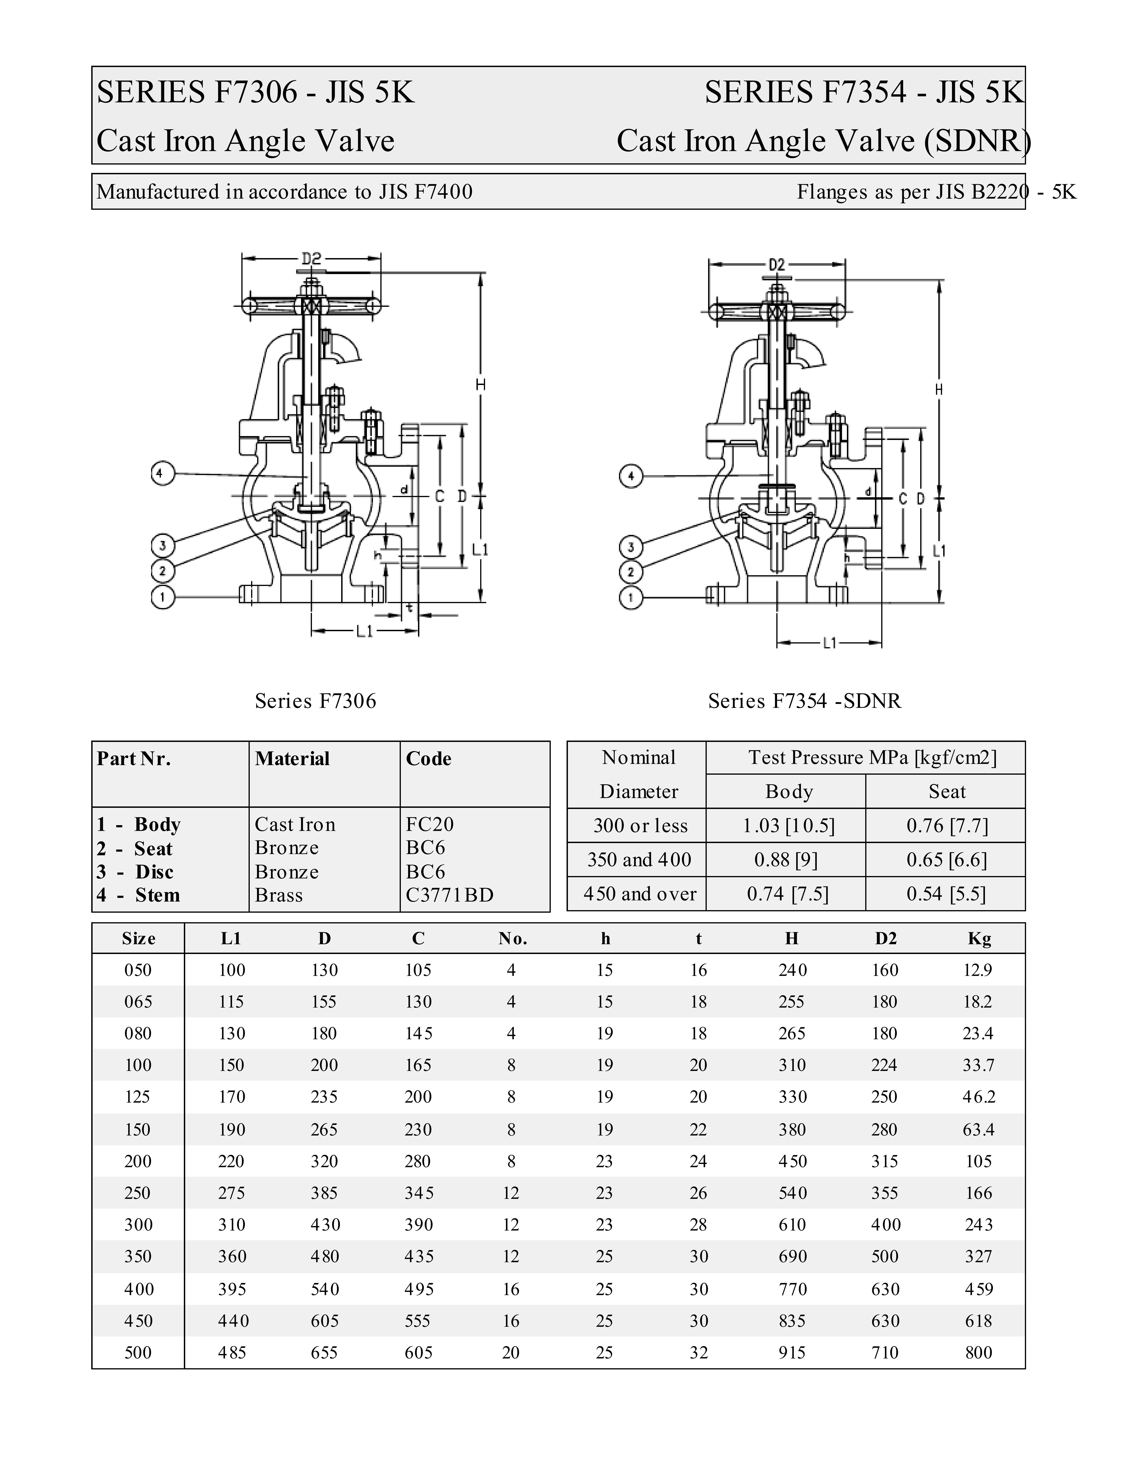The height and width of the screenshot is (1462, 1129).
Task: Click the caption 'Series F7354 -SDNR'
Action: tap(804, 701)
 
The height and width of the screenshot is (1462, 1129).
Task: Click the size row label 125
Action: tap(138, 1096)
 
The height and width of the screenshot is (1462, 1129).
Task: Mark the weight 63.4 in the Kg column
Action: tap(978, 1129)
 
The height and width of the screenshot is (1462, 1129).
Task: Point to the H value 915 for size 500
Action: tap(792, 1352)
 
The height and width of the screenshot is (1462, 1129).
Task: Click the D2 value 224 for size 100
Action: tap(884, 1065)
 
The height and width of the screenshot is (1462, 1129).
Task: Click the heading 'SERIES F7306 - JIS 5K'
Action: tap(256, 92)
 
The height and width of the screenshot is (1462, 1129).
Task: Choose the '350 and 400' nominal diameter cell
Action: tap(639, 859)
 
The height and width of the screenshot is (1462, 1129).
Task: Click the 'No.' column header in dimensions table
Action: tap(512, 939)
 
